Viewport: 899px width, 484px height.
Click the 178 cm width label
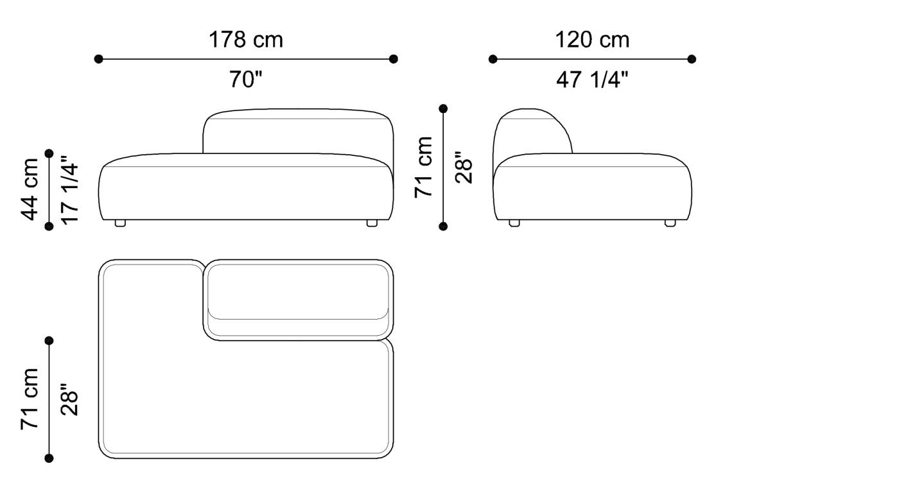245,40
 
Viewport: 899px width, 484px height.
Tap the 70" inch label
245,80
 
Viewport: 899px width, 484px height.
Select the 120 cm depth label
592,40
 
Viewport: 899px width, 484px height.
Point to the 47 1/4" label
592,80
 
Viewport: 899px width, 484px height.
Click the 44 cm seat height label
30,189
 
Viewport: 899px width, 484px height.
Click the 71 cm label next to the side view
424,167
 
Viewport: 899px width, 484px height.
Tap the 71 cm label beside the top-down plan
30,399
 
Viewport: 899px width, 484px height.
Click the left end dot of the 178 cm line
98,59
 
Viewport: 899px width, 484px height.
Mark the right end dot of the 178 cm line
394,59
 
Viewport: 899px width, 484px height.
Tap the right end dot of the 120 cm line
692,59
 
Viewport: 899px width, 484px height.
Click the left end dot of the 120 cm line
493,59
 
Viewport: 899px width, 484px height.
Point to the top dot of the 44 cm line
49,153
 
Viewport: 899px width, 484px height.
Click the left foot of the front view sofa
120,223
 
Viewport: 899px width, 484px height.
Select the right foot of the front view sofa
371,223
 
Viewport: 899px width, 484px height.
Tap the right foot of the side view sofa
670,223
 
